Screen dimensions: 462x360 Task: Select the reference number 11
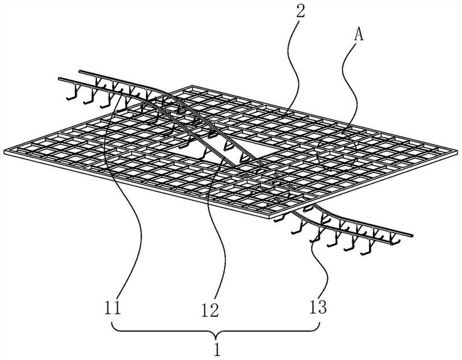[x=113, y=307]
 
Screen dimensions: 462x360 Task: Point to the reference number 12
[x=210, y=310]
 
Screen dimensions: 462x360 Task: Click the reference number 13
[x=318, y=307]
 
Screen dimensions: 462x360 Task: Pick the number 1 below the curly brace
[x=217, y=349]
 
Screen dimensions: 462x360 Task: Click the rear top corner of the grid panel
[x=192, y=85]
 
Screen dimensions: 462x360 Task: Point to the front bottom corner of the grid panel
[x=271, y=219]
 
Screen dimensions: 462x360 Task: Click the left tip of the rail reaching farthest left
[x=59, y=78]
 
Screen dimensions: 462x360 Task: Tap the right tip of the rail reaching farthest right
[x=412, y=235]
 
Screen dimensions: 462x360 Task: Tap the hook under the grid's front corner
[x=279, y=219]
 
